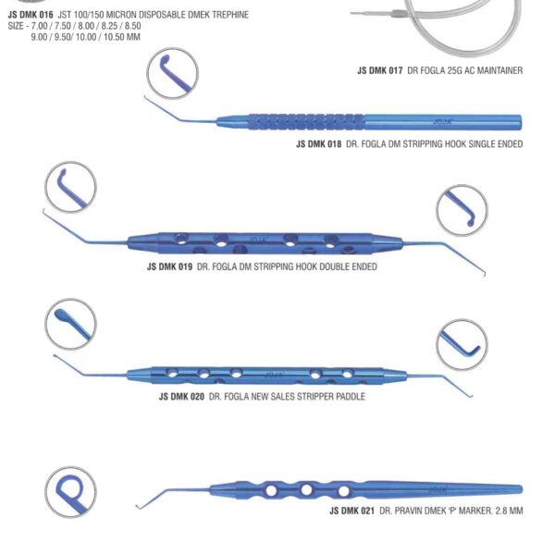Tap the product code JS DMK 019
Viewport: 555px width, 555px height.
click(169, 266)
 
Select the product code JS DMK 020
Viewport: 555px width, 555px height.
click(181, 396)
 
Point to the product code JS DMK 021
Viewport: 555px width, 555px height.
click(352, 510)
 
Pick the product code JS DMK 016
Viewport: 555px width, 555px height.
click(29, 15)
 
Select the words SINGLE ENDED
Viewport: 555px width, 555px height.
click(492, 143)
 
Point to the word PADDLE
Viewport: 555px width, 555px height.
click(349, 396)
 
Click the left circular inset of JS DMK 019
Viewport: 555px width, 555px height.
click(70, 187)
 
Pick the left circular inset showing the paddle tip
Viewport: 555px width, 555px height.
click(70, 325)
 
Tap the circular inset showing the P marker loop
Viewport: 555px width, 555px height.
click(70, 492)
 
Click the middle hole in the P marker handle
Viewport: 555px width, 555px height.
click(306, 489)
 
